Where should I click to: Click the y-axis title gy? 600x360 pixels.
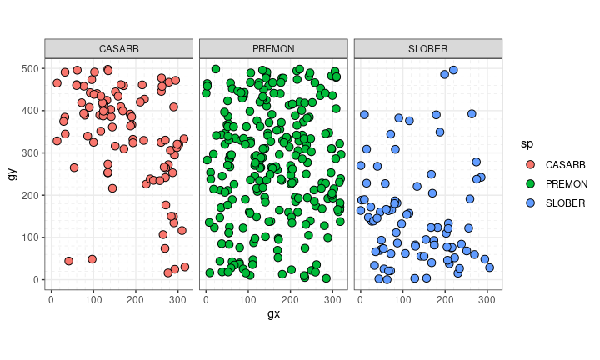(x=12, y=174)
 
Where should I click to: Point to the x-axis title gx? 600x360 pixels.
(x=273, y=313)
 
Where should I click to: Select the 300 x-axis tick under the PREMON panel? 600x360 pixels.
(x=332, y=297)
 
